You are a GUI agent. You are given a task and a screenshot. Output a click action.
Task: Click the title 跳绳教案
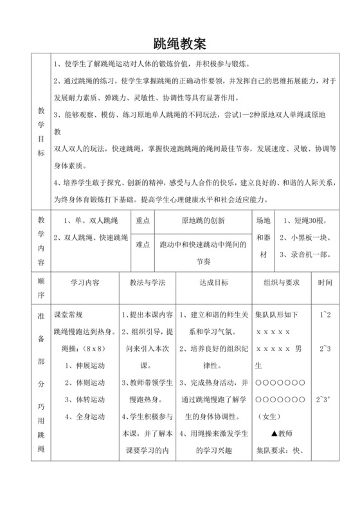[179, 44]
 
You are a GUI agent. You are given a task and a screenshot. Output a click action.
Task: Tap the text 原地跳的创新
[203, 220]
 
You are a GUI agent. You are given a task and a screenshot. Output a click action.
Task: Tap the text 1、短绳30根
[302, 220]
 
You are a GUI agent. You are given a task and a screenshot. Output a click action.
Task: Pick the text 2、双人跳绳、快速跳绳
[91, 237]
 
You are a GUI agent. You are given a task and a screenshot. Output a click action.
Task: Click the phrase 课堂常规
[69, 315]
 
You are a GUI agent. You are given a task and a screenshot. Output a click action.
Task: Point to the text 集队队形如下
[277, 315]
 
